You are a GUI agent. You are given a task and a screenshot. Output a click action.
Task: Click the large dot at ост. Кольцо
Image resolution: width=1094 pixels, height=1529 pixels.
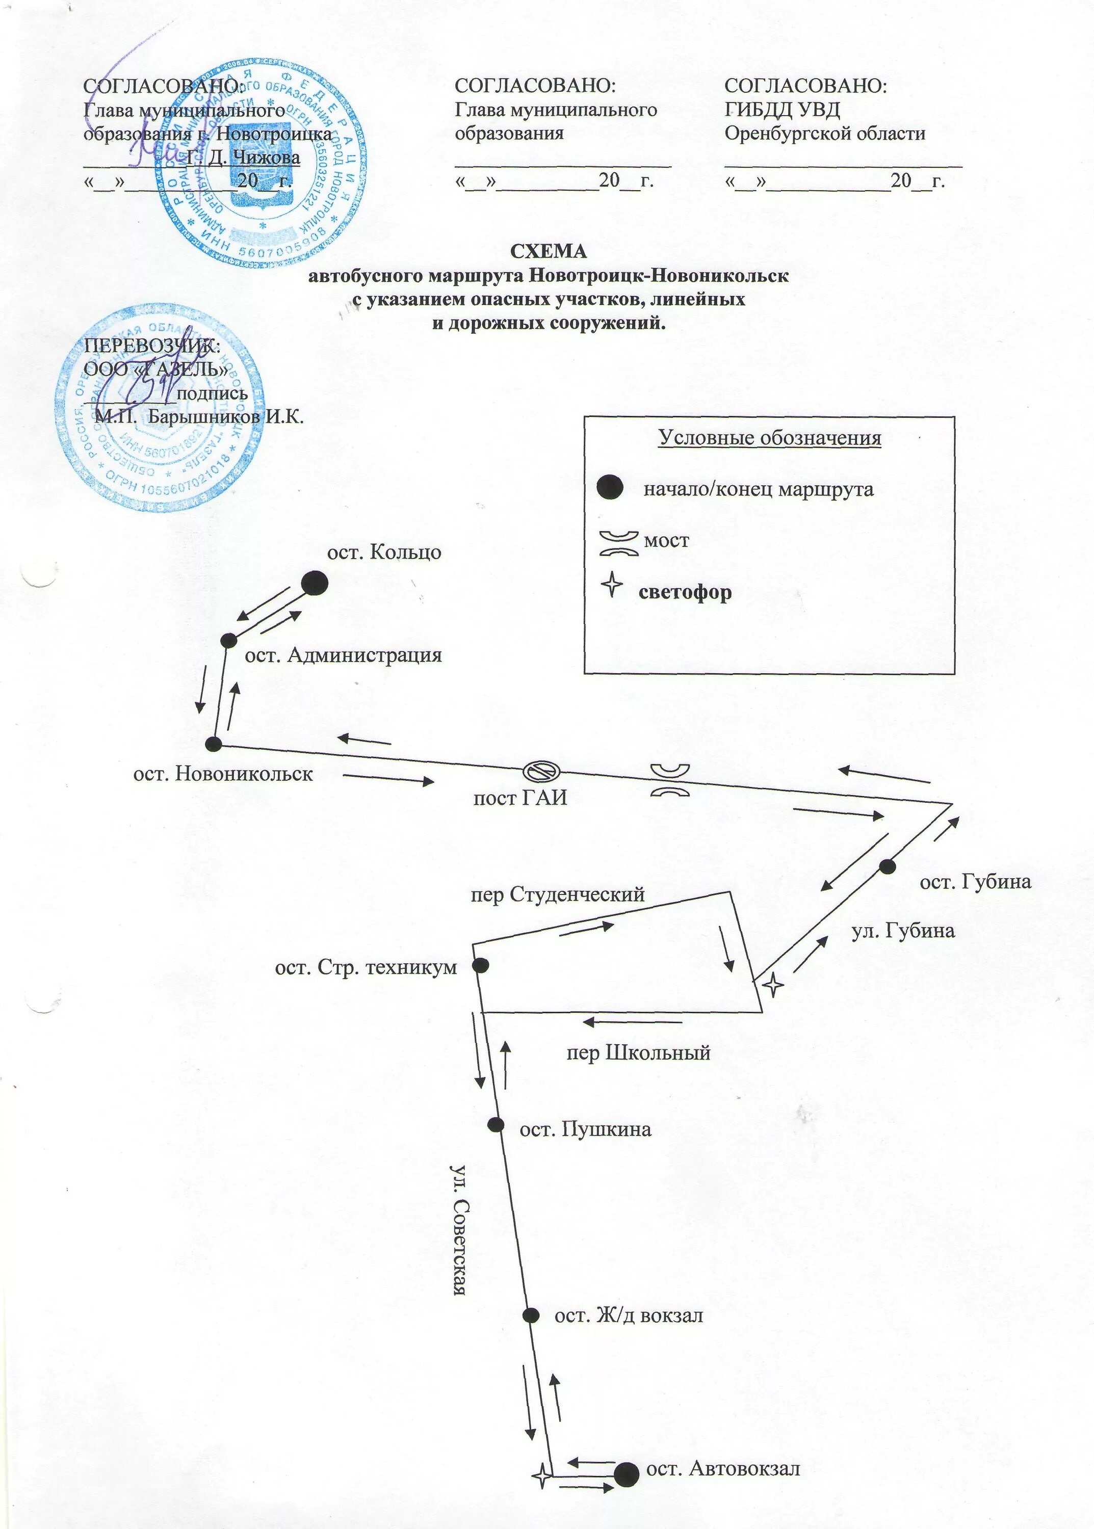[314, 583]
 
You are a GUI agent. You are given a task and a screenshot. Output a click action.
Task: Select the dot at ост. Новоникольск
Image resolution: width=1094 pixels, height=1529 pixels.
[214, 744]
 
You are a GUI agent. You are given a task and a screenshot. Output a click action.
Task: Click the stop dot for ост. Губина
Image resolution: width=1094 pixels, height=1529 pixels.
[887, 866]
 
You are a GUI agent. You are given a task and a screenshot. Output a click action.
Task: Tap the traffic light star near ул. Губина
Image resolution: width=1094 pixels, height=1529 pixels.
[773, 986]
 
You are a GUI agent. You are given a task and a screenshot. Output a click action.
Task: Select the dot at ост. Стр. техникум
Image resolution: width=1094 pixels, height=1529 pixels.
[480, 965]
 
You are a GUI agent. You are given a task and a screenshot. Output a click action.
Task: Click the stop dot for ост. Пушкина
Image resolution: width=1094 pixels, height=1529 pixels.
[496, 1124]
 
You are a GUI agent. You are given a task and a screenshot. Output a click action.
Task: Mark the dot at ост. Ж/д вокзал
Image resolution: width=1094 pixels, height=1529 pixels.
[531, 1315]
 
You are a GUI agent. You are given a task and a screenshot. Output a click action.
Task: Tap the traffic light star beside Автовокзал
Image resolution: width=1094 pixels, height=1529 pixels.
[541, 1472]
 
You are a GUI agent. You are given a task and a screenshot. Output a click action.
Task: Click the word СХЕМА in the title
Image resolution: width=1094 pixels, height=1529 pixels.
[549, 251]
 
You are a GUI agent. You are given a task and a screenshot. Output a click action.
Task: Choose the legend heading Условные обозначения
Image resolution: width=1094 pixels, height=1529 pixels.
[769, 438]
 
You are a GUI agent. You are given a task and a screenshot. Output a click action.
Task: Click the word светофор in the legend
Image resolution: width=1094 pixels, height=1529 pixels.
[685, 593]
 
